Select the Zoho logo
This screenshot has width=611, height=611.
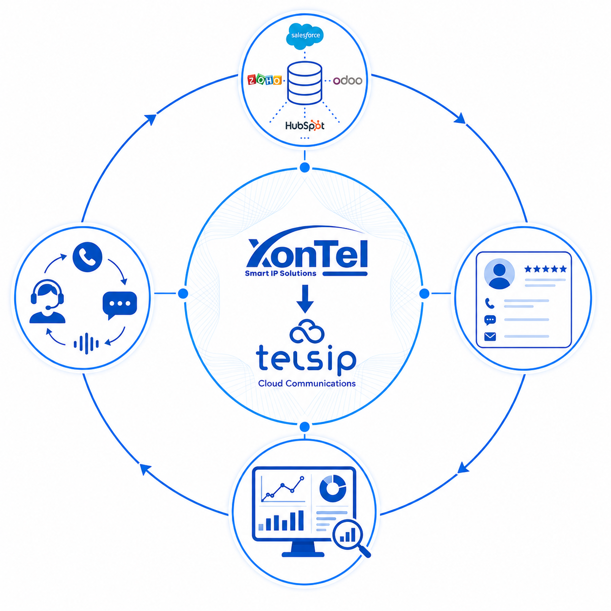(x=264, y=80)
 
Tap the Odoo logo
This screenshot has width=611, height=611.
(x=347, y=80)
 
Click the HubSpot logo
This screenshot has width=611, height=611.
(x=305, y=126)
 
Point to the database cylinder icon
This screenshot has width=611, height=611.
(x=305, y=83)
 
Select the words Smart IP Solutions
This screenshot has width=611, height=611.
(x=280, y=273)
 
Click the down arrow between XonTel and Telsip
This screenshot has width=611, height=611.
(x=305, y=299)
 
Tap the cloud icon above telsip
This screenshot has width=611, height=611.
(x=306, y=331)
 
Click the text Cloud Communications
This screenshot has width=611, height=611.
(x=306, y=383)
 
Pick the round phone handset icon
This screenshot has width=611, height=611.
(x=87, y=257)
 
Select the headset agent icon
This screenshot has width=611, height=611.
(x=47, y=301)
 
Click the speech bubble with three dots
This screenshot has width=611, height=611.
(x=119, y=305)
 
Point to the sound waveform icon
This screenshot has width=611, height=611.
(x=86, y=344)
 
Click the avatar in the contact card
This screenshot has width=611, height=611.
(x=499, y=274)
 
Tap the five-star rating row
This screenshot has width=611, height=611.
(x=545, y=269)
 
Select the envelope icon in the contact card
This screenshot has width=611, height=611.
(x=490, y=336)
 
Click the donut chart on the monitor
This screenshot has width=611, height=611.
(x=333, y=488)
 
